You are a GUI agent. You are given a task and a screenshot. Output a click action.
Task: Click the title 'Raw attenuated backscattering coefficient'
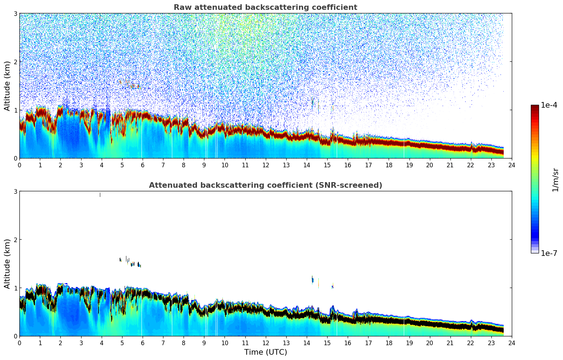click(265, 7)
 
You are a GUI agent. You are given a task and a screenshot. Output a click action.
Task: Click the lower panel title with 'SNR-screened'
click(265, 185)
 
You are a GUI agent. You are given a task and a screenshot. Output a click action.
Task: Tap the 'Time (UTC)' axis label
click(265, 352)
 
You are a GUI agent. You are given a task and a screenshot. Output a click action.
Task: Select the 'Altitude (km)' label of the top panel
click(7, 86)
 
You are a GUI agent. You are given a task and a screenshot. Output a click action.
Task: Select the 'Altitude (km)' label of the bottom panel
click(7, 264)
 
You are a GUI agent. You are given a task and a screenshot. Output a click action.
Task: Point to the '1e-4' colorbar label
click(549, 105)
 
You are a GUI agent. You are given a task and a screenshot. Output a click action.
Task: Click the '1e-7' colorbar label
click(549, 253)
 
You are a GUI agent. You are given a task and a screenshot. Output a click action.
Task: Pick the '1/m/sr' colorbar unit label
click(555, 180)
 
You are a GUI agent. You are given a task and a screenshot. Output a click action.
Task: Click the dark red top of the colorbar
click(535, 107)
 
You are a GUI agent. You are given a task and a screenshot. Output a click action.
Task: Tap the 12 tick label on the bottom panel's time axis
click(265, 343)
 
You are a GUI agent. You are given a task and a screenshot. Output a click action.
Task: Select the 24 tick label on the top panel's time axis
click(511, 165)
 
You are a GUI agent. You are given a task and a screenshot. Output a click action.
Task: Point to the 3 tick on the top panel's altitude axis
click(15, 13)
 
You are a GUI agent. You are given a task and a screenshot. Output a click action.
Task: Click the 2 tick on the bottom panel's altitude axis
click(15, 240)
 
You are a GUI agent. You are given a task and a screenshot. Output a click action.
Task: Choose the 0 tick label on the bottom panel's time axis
click(19, 343)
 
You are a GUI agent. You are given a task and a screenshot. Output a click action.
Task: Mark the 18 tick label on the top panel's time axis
click(389, 165)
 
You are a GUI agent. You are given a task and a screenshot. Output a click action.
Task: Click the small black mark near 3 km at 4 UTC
click(100, 195)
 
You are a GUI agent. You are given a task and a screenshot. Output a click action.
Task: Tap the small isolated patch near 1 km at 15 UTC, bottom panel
click(333, 287)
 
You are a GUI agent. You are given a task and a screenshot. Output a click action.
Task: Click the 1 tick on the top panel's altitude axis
click(15, 110)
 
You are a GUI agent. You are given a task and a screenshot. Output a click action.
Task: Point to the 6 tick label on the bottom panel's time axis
click(143, 343)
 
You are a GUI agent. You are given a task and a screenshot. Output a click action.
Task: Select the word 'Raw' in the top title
click(181, 7)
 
